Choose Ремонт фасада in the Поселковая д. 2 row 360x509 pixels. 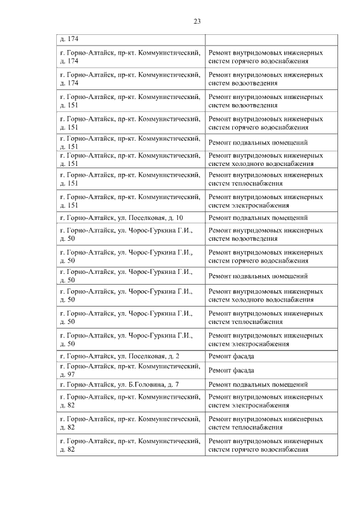click(231, 357)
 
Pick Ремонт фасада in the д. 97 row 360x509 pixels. click(231, 371)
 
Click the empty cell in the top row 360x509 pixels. click(271, 39)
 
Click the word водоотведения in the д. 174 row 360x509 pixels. click(251, 83)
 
